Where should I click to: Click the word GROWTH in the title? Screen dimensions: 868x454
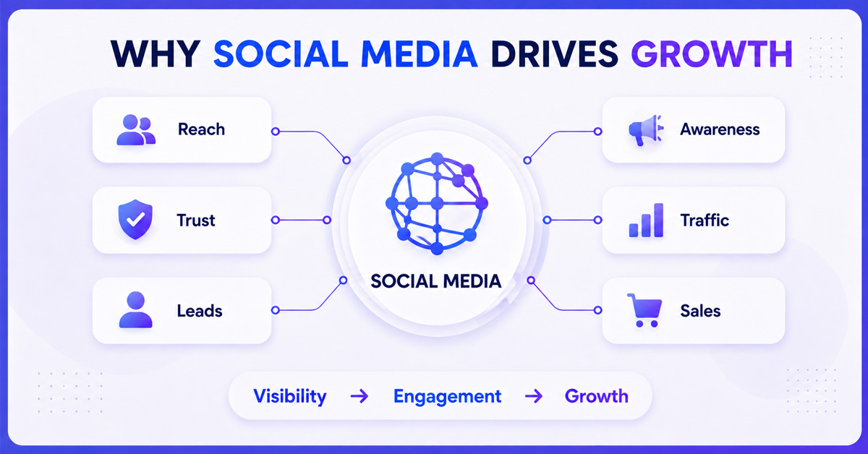tap(712, 53)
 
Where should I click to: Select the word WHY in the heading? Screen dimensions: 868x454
tap(156, 53)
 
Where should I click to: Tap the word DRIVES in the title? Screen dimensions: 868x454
tap(555, 53)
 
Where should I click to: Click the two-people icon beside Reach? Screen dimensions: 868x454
tap(136, 130)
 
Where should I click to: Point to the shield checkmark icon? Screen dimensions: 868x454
tap(135, 219)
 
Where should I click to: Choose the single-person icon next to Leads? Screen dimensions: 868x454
tap(136, 310)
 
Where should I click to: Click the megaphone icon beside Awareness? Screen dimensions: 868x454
tap(646, 130)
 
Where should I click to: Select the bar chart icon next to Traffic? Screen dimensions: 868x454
tap(646, 220)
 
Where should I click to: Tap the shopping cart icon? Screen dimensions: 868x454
tap(644, 310)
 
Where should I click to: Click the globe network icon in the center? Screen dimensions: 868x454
tap(437, 203)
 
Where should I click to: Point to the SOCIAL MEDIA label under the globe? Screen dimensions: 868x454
tap(436, 281)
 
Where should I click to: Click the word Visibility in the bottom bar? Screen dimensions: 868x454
tap(290, 396)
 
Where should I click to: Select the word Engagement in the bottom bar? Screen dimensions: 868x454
tap(448, 397)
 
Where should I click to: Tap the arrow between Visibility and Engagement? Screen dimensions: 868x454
tap(359, 396)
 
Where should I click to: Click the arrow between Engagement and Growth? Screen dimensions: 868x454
tap(534, 396)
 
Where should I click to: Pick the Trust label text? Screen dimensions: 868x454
tap(196, 220)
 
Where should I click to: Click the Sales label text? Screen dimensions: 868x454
tap(700, 311)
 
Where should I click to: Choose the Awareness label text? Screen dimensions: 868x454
tap(720, 129)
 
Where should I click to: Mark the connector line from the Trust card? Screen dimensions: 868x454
tap(301, 220)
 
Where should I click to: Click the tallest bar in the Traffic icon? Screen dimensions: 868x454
tap(658, 220)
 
